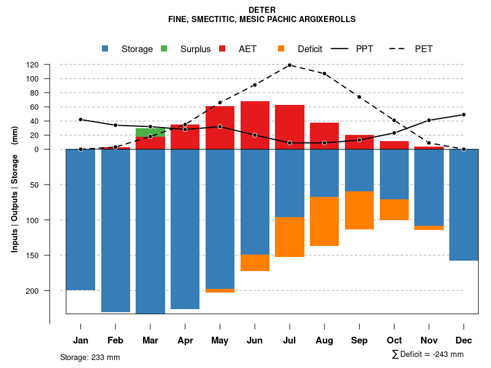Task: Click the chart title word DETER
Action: click(262, 10)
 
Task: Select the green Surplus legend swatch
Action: click(164, 49)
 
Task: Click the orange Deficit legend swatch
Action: click(281, 49)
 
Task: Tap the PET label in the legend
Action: click(423, 49)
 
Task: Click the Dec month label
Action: click(464, 340)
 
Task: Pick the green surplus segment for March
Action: click(150, 132)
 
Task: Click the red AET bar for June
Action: click(255, 125)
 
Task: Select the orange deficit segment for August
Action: click(324, 221)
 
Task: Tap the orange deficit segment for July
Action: click(289, 237)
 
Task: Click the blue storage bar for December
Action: click(464, 205)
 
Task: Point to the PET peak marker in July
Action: click(289, 65)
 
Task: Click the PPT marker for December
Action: click(464, 115)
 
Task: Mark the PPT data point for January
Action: click(80, 120)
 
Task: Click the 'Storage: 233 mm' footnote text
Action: click(90, 357)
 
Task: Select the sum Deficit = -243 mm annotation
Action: click(427, 355)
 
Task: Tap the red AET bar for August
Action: click(324, 136)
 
